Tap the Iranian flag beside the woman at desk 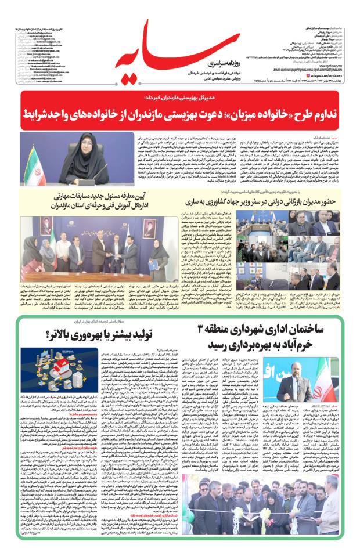point(30,162)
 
